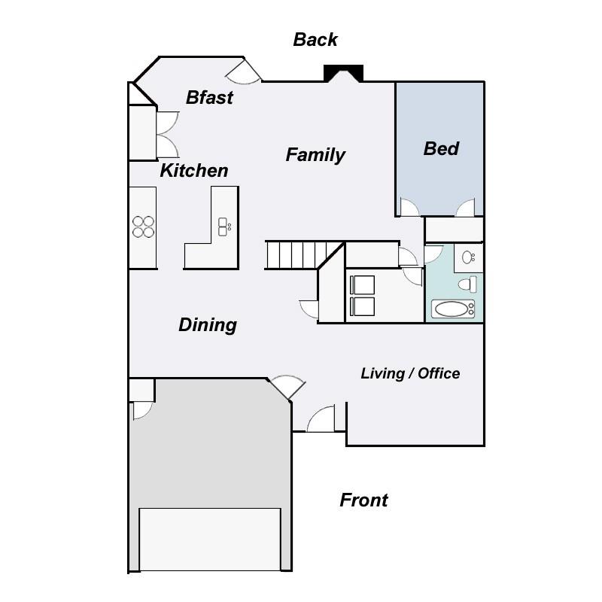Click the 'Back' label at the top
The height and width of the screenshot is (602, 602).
315,40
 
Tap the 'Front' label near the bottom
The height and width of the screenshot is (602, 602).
363,500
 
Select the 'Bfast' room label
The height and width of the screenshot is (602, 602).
209,98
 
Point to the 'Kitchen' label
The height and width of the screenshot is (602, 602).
193,171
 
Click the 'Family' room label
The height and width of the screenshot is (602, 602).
315,155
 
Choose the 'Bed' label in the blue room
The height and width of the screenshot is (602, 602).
441,149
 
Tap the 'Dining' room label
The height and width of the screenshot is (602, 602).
208,325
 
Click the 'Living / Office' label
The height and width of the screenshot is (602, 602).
410,373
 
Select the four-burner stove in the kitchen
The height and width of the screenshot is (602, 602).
143,227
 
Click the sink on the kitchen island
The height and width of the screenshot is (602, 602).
224,226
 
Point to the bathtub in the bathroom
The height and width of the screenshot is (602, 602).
452,309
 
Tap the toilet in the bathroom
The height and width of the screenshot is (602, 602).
470,284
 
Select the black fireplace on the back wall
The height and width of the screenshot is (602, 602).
343,73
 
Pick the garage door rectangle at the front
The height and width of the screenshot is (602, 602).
210,539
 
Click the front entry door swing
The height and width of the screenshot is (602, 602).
321,419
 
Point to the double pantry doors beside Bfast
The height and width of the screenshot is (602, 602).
166,134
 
